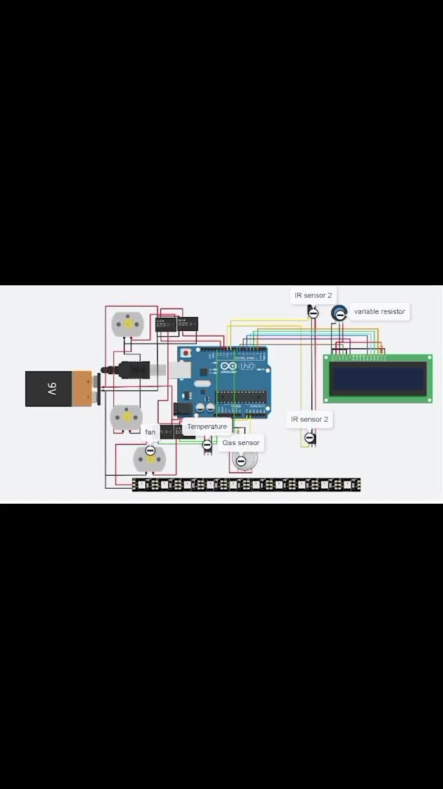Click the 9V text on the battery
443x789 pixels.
click(51, 389)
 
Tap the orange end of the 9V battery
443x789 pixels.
click(83, 389)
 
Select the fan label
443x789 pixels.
click(150, 432)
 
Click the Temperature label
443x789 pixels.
click(207, 427)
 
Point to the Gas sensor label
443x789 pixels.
click(241, 442)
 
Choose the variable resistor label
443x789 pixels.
click(379, 311)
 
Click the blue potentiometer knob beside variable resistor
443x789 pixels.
click(339, 313)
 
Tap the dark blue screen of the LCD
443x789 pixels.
click(378, 379)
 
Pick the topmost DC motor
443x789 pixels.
click(128, 324)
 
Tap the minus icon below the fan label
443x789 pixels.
click(150, 450)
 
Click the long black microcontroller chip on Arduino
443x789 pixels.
click(242, 397)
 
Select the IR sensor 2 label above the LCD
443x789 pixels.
click(313, 296)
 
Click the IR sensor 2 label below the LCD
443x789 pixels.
click(309, 420)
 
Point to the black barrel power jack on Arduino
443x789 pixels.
click(183, 410)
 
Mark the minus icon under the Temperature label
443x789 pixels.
click(207, 445)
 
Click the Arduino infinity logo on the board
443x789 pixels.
click(229, 367)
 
